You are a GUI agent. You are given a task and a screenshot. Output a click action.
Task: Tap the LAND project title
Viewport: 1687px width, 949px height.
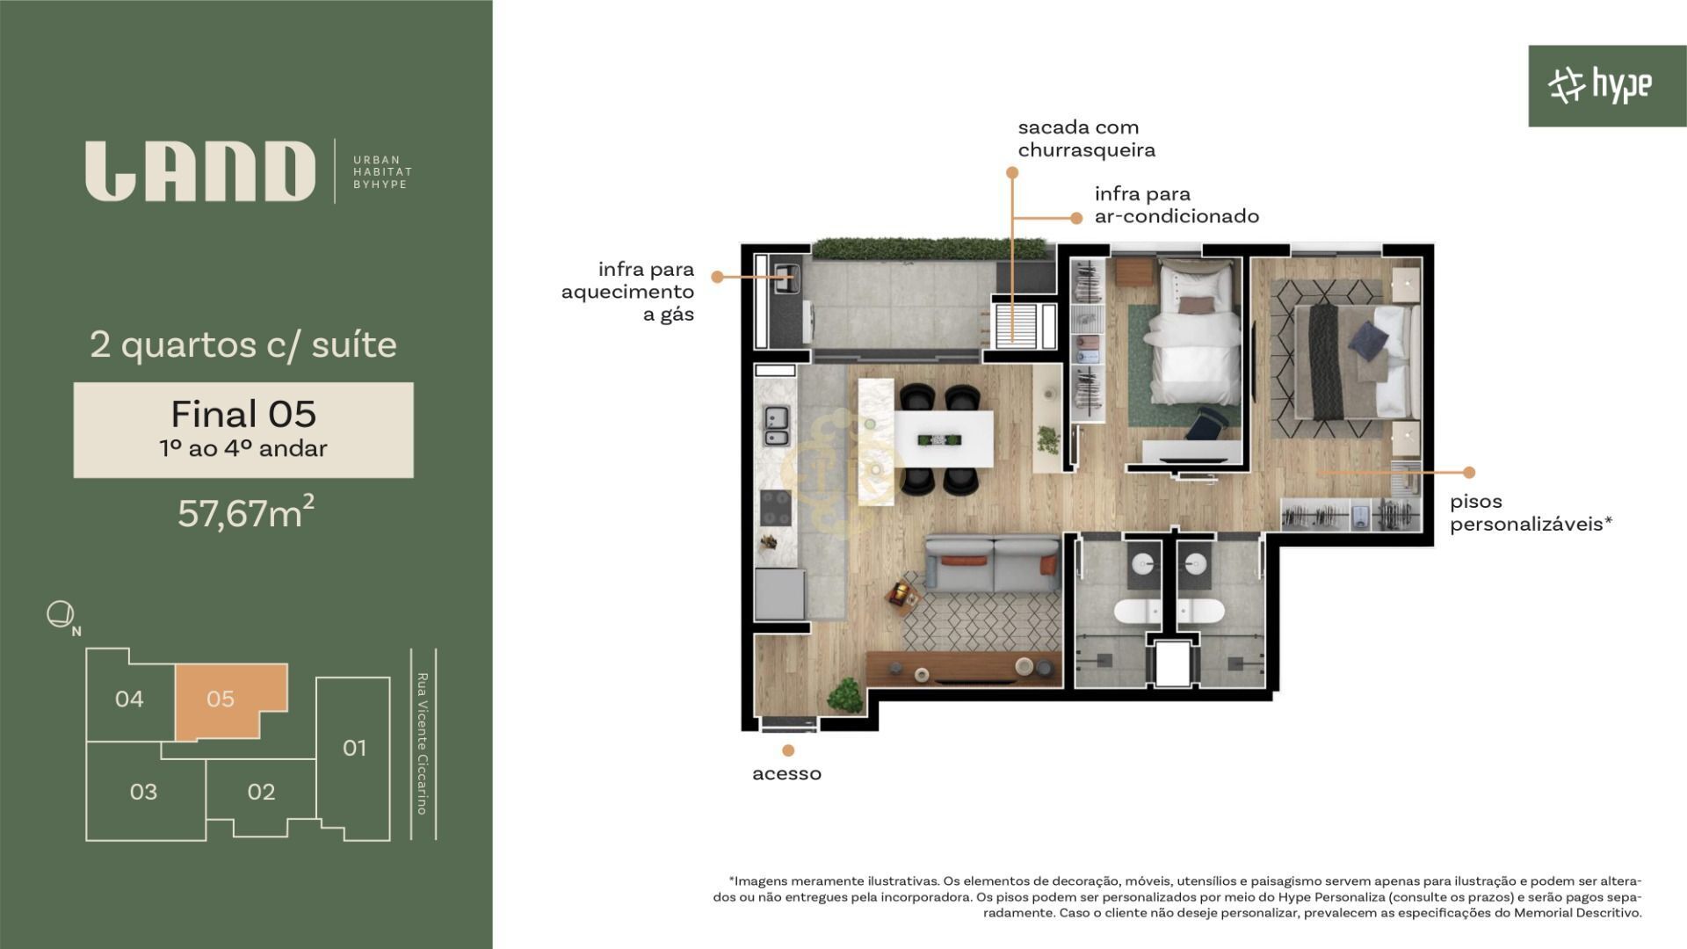point(200,171)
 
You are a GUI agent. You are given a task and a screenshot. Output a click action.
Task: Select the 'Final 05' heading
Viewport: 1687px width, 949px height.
point(243,414)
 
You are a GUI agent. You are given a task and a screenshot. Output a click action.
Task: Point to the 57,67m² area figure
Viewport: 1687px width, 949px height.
point(246,512)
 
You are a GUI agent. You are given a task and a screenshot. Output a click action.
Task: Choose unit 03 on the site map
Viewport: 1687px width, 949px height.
point(143,792)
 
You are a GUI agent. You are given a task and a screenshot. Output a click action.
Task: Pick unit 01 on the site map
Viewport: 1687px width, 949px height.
point(354,748)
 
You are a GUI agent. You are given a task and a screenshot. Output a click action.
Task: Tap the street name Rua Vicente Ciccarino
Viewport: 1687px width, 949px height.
point(423,743)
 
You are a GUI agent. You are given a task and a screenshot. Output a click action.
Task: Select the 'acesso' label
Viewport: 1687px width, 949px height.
point(786,773)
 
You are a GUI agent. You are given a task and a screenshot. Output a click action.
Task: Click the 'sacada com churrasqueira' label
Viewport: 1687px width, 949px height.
point(1086,139)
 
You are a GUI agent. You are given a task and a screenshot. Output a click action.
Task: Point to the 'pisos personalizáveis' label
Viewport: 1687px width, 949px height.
point(1531,513)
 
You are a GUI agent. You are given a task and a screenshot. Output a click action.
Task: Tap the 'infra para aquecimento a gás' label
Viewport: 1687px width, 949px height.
point(627,292)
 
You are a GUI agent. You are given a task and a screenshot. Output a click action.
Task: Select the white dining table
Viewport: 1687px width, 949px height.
point(945,438)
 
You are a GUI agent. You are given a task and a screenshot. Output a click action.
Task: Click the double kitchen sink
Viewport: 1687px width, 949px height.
point(776,426)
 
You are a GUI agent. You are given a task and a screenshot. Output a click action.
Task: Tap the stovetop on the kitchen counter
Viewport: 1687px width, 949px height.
point(775,508)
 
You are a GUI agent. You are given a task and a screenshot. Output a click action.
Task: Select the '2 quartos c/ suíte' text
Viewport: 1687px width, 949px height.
point(243,344)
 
